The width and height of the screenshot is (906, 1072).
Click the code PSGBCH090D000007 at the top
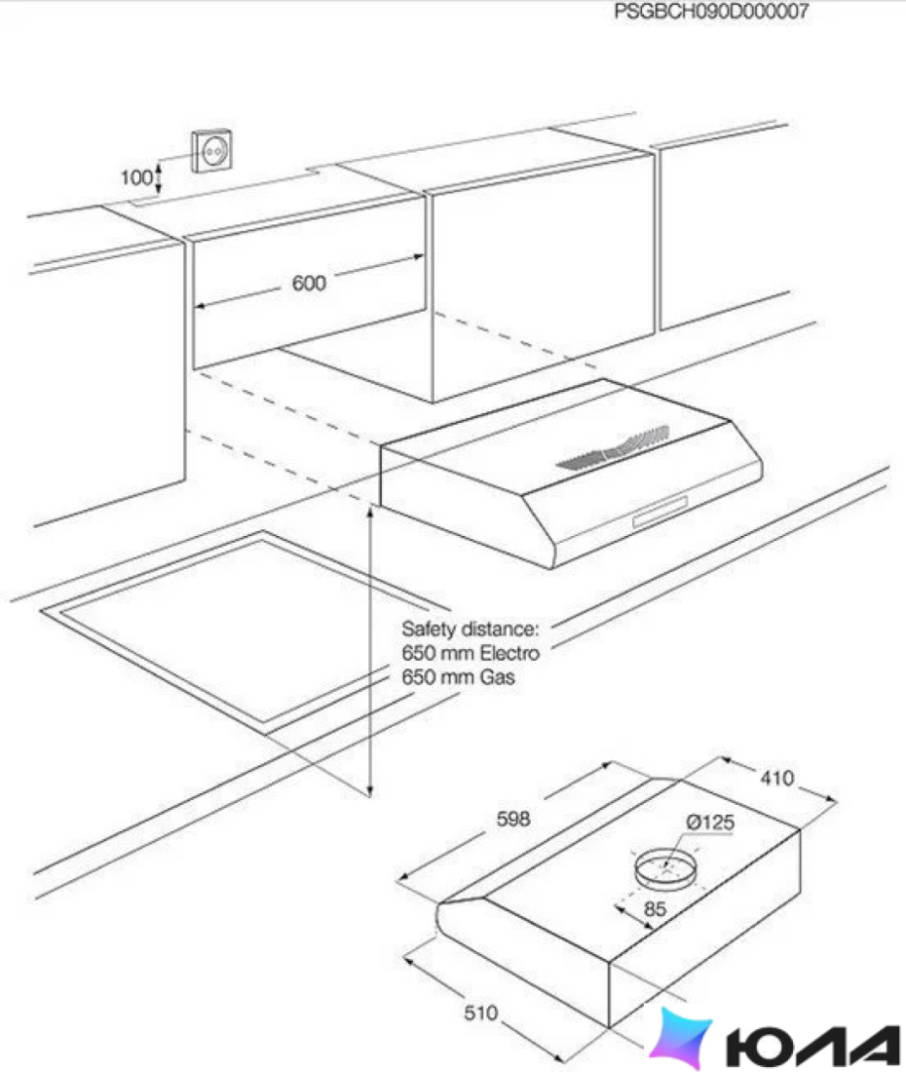point(711,11)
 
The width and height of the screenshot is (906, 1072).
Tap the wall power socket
point(211,151)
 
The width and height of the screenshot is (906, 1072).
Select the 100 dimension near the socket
point(136,177)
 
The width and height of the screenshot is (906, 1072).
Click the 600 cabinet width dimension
point(309,283)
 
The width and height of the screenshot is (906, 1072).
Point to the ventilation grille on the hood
point(613,448)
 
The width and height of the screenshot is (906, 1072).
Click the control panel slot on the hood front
point(661,512)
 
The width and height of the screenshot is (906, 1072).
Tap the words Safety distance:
point(471,629)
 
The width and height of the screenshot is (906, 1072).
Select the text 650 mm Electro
point(471,653)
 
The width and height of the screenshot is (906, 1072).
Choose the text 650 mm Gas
point(459,677)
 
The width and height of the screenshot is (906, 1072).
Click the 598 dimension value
point(513,819)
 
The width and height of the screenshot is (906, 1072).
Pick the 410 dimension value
point(776,778)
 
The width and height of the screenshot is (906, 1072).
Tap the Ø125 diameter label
point(710,822)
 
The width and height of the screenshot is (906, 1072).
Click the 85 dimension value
point(655,909)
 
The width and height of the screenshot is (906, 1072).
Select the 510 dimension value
point(481,1013)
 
